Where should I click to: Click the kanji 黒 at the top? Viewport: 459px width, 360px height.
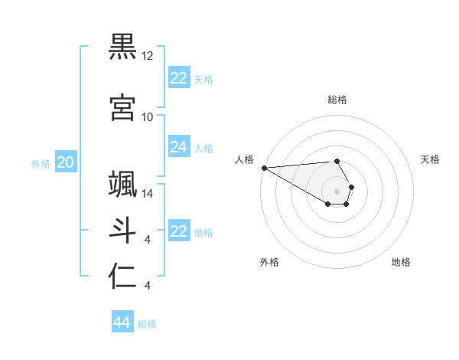click(122, 45)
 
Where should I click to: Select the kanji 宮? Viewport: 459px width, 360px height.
click(122, 106)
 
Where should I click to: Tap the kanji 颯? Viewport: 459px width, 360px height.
click(122, 185)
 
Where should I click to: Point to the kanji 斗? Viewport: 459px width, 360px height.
click(122, 230)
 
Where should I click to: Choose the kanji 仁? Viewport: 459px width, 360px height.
click(122, 277)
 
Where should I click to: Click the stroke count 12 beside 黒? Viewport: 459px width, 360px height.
click(148, 56)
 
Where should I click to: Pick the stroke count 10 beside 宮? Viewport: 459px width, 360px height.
click(148, 117)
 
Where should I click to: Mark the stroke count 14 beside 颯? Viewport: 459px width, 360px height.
click(148, 194)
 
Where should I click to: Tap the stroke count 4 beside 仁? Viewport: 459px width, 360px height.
click(147, 286)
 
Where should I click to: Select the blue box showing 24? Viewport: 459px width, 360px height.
click(179, 147)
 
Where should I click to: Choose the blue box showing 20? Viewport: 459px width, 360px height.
click(66, 162)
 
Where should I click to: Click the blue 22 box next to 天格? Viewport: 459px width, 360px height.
click(179, 78)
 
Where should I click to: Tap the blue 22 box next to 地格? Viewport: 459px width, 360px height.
click(179, 231)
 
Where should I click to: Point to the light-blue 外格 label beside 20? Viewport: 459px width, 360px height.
click(41, 163)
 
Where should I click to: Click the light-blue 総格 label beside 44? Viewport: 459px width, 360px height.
click(148, 324)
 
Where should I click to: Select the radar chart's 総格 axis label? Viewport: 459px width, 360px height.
click(337, 100)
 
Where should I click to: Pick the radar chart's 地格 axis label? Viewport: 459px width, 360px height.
click(401, 263)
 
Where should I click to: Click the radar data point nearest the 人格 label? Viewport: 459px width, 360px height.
click(264, 168)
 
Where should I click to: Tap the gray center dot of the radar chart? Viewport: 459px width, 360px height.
click(337, 191)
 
